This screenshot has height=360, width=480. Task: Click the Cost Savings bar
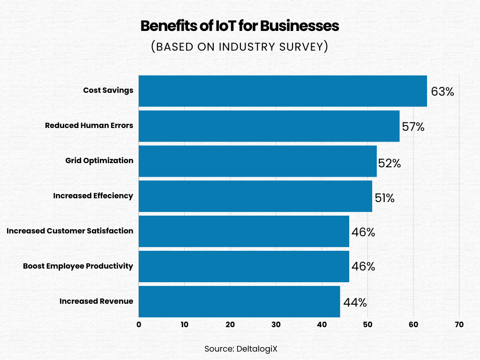click(x=283, y=91)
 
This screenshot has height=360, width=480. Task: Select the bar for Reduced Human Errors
click(x=269, y=126)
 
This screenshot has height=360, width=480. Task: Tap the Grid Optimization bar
click(x=257, y=161)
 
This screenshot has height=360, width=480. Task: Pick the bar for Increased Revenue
click(x=239, y=301)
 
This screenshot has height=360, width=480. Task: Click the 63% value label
click(x=442, y=91)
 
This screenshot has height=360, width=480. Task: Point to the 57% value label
click(x=413, y=127)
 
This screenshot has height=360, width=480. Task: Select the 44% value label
click(x=355, y=303)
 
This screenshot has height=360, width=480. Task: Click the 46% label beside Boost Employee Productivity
click(x=363, y=267)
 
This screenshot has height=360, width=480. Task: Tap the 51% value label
click(x=384, y=198)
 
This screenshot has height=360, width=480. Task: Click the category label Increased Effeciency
click(x=93, y=196)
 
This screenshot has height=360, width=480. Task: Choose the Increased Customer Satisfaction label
click(x=70, y=231)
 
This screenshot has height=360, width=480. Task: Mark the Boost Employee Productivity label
click(x=78, y=266)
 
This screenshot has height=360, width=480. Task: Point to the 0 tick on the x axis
click(x=139, y=325)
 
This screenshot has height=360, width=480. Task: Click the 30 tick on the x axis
click(x=276, y=325)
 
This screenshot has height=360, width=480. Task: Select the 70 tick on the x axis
click(x=459, y=325)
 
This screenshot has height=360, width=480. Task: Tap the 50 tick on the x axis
click(x=367, y=325)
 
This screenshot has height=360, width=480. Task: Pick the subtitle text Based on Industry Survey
click(x=240, y=47)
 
